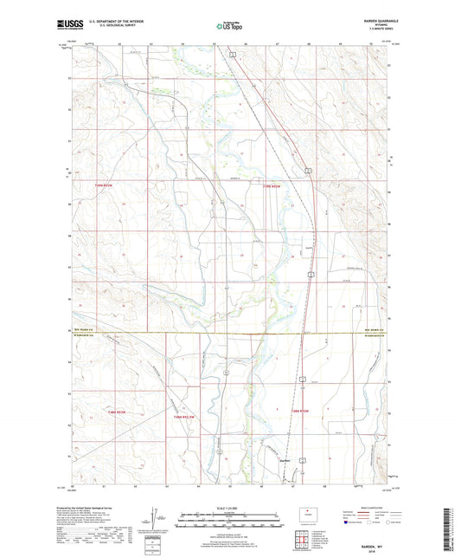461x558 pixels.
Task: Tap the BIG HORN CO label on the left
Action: click(x=81, y=330)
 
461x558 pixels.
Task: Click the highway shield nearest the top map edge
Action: click(x=232, y=56)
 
